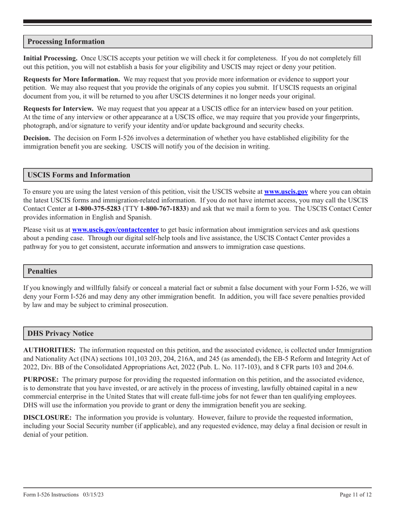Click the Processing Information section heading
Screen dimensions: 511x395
tap(66, 42)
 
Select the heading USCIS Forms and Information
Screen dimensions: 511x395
tap(79, 175)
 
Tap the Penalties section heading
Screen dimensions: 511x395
tap(42, 271)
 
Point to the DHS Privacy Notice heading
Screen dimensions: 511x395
tap(60, 333)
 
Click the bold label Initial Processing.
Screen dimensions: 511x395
tap(50, 59)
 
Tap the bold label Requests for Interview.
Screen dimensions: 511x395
tap(58, 108)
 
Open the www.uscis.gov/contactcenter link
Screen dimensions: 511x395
tap(116, 229)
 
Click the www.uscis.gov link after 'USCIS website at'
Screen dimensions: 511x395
tap(286, 192)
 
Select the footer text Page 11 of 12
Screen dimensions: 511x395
tap(355, 495)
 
